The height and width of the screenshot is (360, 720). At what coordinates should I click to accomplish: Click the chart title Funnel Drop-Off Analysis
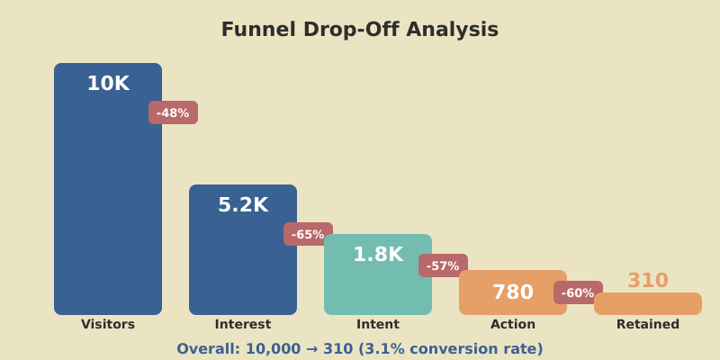click(360, 30)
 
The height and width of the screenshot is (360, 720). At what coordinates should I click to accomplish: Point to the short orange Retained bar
click(648, 304)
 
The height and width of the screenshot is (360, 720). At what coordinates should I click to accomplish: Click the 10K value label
click(108, 84)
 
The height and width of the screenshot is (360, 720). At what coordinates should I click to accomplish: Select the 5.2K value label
click(243, 205)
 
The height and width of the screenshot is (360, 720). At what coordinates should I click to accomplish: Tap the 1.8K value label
click(378, 255)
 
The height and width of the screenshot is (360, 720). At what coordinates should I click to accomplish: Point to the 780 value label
click(513, 292)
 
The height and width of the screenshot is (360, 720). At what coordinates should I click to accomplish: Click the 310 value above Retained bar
click(648, 281)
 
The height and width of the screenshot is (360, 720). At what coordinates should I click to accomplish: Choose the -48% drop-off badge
click(173, 112)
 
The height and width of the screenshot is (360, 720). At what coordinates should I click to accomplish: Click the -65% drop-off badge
click(308, 234)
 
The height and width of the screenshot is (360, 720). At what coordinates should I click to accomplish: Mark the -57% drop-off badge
click(443, 265)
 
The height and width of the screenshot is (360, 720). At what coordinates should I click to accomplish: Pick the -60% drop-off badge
click(578, 292)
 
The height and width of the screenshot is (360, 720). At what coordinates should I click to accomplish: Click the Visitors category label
click(108, 325)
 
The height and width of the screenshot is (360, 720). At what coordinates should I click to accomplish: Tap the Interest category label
click(243, 325)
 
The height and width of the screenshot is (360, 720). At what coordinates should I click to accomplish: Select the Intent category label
click(378, 325)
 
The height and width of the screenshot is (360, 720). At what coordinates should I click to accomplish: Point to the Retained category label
click(648, 325)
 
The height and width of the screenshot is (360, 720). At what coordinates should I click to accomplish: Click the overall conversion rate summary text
click(360, 349)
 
